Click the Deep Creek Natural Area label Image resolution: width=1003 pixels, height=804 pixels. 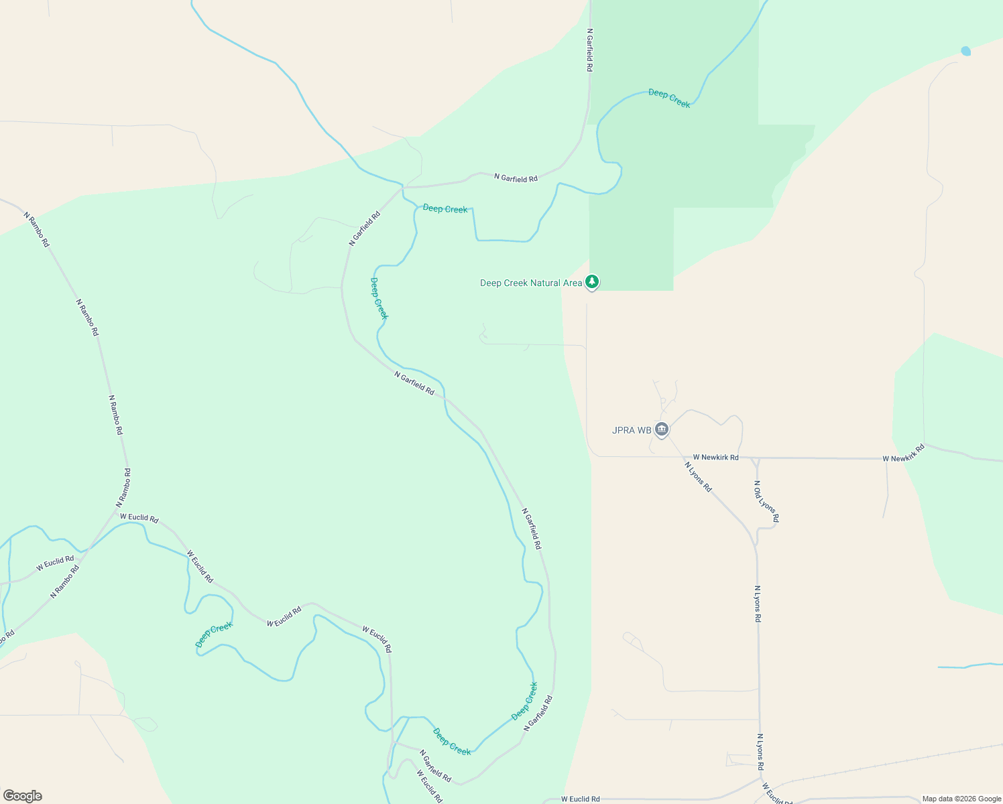click(x=530, y=283)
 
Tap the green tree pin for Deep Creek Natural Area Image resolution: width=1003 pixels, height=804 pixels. click(x=591, y=282)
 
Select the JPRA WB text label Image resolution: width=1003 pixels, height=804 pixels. click(x=631, y=430)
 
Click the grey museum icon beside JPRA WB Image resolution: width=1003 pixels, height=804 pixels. click(x=662, y=429)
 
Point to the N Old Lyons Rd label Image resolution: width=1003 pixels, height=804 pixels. click(x=766, y=501)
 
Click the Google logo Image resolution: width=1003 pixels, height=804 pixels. click(x=21, y=796)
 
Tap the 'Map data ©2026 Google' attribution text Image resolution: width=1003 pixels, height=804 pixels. click(x=961, y=799)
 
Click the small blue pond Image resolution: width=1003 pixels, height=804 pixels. click(x=965, y=51)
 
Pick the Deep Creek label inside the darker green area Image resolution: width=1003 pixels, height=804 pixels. click(x=669, y=98)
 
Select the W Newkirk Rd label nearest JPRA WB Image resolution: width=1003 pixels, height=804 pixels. click(x=715, y=457)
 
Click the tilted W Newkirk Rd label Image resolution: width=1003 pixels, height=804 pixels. click(x=903, y=454)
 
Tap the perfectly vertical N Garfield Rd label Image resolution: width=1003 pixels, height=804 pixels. click(x=589, y=50)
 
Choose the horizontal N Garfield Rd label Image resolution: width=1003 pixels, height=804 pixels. click(x=516, y=178)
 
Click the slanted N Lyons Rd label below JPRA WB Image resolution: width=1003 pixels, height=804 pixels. click(x=698, y=476)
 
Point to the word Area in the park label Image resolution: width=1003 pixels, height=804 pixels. click(x=573, y=283)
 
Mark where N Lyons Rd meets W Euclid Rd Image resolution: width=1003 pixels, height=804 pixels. click(x=760, y=779)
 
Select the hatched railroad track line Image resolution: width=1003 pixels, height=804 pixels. click(x=892, y=762)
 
